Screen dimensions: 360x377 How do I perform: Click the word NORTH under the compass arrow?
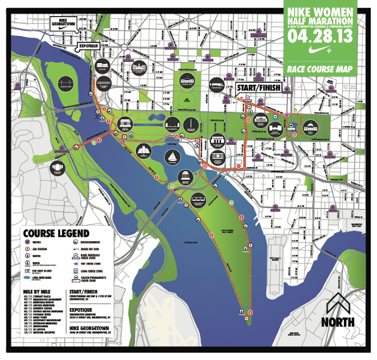click(x=338, y=322)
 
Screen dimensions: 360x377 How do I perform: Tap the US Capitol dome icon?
click(x=311, y=127)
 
